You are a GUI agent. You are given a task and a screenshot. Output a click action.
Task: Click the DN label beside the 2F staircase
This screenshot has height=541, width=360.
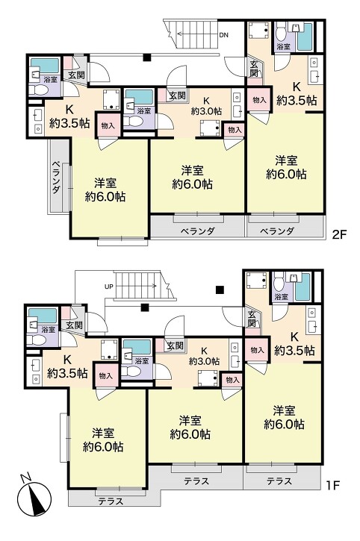(223, 35)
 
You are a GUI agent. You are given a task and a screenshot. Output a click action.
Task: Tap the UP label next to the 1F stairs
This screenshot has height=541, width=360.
(109, 287)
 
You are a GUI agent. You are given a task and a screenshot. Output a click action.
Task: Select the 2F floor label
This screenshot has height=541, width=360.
(339, 234)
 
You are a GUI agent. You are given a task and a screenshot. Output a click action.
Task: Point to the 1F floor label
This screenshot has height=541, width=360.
(333, 486)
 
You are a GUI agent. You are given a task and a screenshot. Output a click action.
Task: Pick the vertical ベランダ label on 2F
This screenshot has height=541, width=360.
(57, 177)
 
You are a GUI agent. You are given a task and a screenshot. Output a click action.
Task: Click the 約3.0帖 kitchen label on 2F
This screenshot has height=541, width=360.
(207, 111)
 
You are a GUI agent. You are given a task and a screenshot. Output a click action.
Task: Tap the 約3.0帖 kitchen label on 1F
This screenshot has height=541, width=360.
(204, 361)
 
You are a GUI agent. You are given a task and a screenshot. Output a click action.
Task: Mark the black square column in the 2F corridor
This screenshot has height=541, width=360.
(147, 57)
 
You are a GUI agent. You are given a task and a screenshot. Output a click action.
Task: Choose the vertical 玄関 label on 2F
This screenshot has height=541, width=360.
(254, 69)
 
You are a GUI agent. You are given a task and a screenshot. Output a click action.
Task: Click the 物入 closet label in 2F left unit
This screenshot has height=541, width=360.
(108, 126)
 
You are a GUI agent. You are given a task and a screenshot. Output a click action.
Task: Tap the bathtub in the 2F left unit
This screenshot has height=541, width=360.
(45, 66)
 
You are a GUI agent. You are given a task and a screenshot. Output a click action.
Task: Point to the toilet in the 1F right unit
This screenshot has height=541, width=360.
(279, 282)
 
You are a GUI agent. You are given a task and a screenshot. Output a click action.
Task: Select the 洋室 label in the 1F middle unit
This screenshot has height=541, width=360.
(190, 421)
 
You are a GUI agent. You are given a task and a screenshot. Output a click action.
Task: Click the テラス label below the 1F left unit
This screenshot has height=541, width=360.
(111, 501)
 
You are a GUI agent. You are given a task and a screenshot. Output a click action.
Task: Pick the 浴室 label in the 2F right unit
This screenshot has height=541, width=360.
(284, 46)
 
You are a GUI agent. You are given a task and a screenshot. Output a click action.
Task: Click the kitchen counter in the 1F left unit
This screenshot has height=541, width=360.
(34, 372)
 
